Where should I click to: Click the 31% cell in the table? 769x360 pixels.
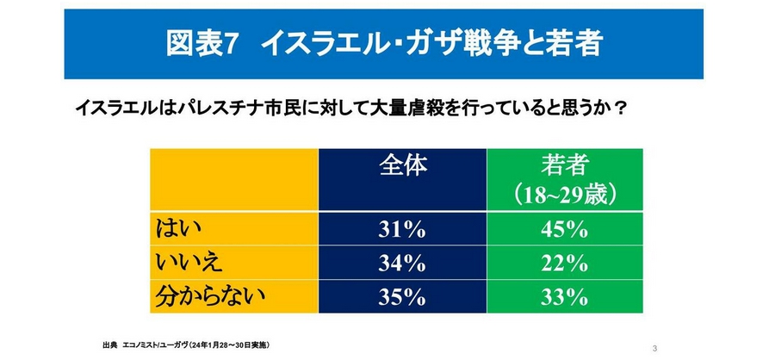pos(401,230)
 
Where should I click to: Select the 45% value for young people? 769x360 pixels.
pos(564,230)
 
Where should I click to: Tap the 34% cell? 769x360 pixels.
pos(401,263)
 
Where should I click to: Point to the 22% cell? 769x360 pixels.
pos(564,263)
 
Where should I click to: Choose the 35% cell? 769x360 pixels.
pos(401,297)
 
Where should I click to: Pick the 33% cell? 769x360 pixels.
pos(564,297)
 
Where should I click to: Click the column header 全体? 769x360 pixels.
pos(402,166)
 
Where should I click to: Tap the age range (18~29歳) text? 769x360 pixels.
pos(564,194)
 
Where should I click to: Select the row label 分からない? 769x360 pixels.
pos(207,297)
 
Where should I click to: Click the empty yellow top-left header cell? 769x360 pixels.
pos(233,181)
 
